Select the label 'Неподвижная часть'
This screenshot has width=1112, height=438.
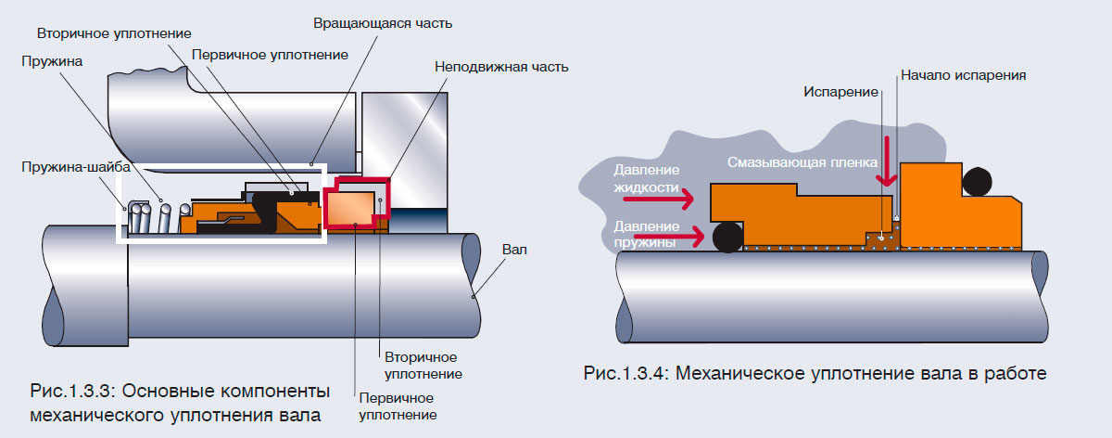point(500,67)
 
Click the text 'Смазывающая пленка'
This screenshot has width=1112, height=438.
point(802,163)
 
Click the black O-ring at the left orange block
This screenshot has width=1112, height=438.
point(727,238)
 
